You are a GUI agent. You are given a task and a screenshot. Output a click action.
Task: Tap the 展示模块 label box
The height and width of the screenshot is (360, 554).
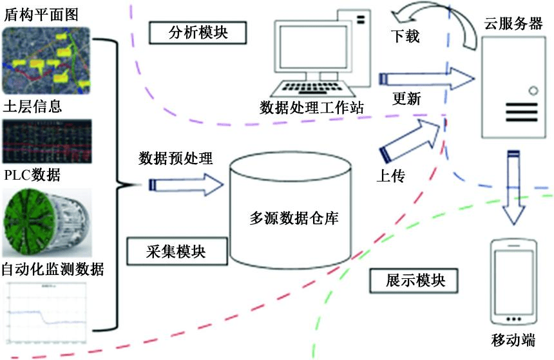[x=415, y=281]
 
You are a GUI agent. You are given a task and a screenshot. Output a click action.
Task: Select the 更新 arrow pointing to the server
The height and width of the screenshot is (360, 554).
[x=425, y=79]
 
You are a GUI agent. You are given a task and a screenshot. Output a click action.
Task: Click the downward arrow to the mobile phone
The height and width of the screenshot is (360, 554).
[x=514, y=187]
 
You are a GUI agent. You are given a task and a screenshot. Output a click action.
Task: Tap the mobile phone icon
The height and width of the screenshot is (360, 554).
[x=513, y=283]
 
